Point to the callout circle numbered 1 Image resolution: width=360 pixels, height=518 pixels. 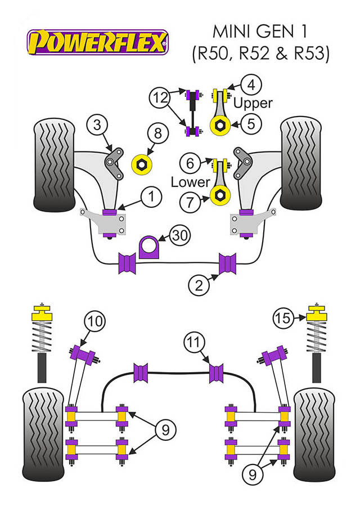pyautogui.click(x=151, y=197)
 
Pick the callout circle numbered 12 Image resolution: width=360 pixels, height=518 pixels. pyautogui.click(x=159, y=99)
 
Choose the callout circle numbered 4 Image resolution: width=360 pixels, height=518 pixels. pyautogui.click(x=251, y=86)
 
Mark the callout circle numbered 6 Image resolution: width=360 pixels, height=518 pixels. pyautogui.click(x=190, y=163)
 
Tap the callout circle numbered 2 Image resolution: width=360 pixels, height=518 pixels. pyautogui.click(x=199, y=285)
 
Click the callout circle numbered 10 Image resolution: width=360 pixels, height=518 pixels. pyautogui.click(x=95, y=321)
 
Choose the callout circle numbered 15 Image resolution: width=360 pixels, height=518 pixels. pyautogui.click(x=285, y=319)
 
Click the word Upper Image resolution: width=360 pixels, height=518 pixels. pyautogui.click(x=253, y=103)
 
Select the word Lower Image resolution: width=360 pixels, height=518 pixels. pyautogui.click(x=191, y=181)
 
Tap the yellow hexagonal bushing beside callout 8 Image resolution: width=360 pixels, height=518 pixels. pyautogui.click(x=140, y=164)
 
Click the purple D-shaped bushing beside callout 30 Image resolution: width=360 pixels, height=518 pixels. pyautogui.click(x=150, y=246)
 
